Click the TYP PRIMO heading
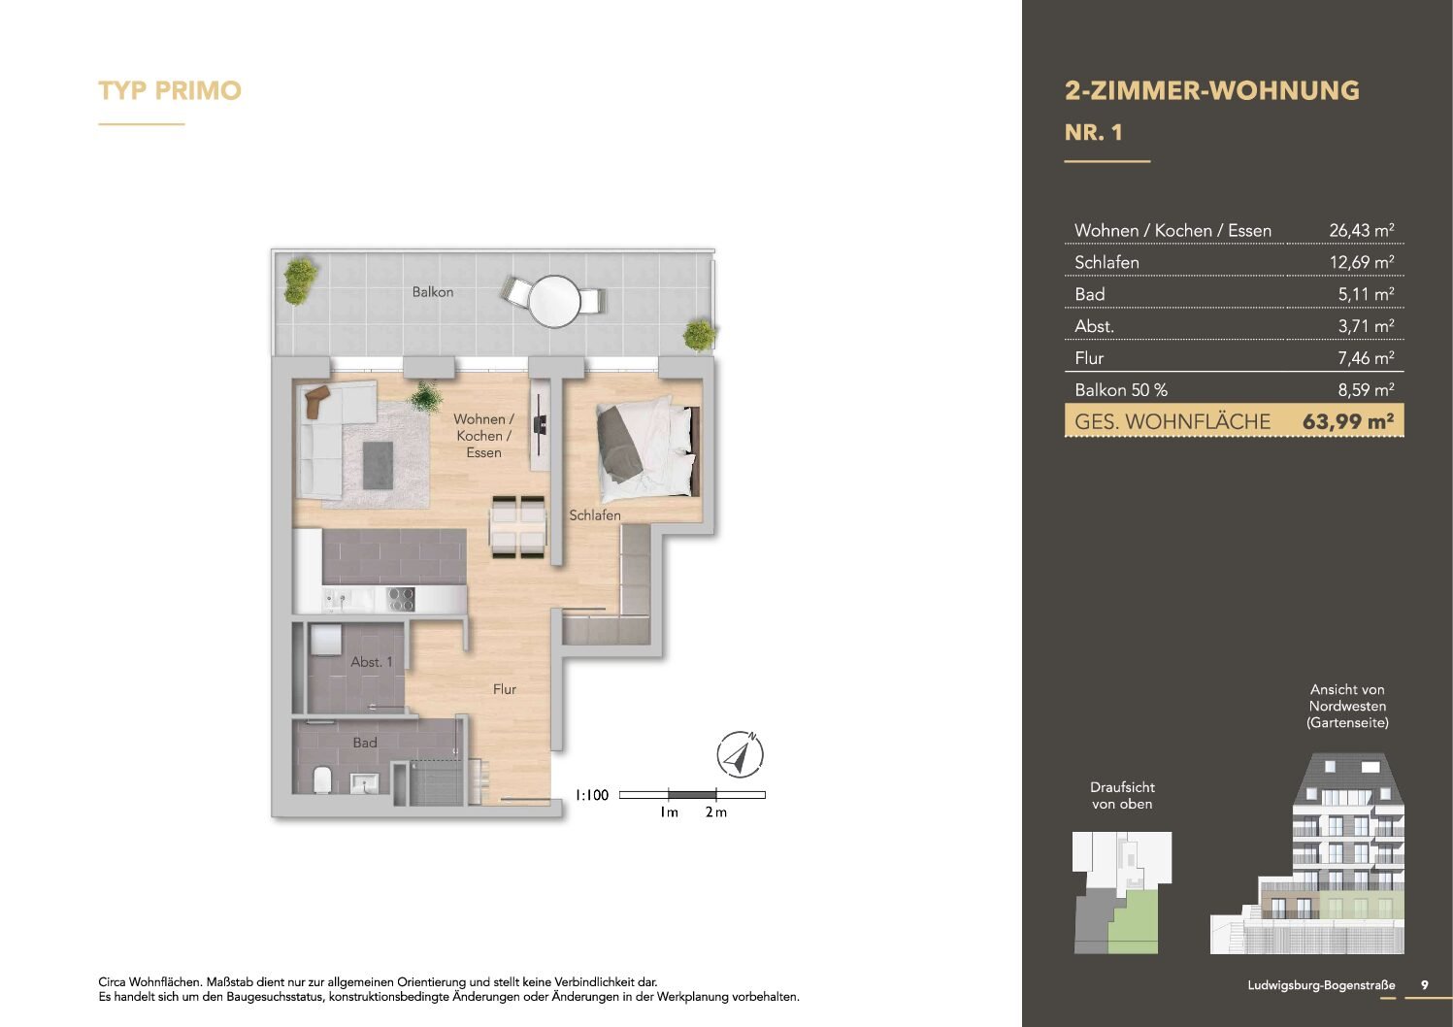(170, 90)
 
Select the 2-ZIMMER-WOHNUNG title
(1211, 90)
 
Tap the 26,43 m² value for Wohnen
(1361, 230)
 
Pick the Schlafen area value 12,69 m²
(1361, 262)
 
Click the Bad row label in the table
(1089, 294)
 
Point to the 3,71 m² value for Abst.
(1365, 326)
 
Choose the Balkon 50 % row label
(1120, 390)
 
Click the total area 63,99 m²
(1347, 421)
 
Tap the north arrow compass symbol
(740, 754)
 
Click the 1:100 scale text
(592, 795)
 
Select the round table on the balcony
(554, 301)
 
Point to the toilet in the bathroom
(323, 779)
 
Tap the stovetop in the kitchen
(401, 600)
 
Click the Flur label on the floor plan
(504, 689)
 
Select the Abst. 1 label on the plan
(371, 662)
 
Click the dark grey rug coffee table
(378, 466)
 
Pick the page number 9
(1424, 985)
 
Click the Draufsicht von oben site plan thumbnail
(1121, 892)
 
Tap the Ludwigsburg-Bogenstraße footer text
(1320, 985)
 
